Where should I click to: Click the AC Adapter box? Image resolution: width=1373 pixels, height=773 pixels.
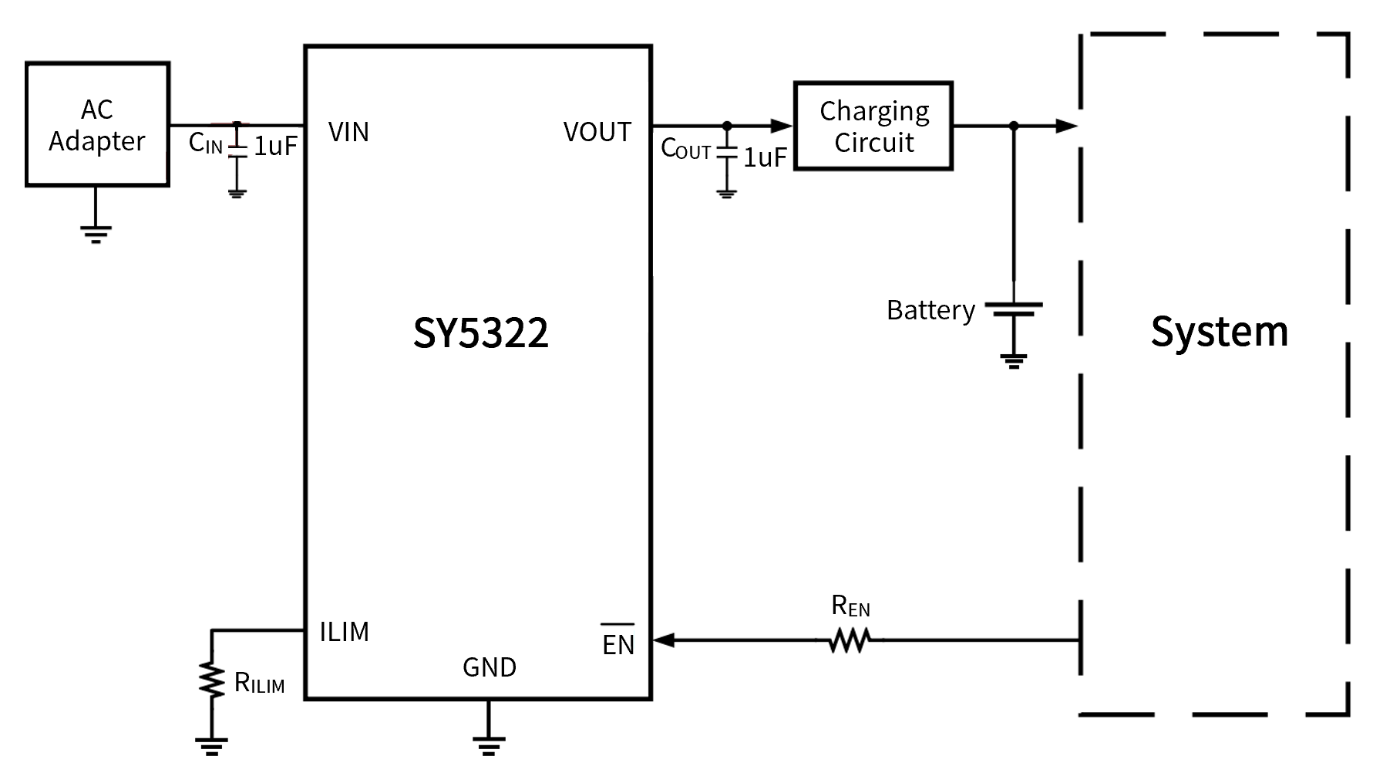click(x=97, y=124)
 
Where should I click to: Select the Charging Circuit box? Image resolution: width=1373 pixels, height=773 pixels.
click(x=873, y=126)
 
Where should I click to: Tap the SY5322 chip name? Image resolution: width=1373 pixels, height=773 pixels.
click(x=480, y=333)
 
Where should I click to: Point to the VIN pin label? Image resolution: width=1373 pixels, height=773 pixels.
click(x=348, y=132)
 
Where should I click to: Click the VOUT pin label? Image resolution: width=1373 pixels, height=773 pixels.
click(x=597, y=132)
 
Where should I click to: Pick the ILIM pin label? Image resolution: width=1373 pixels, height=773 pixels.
click(x=344, y=632)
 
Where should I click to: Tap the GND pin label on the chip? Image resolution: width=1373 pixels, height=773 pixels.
click(x=490, y=667)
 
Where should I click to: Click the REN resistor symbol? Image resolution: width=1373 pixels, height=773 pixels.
click(x=850, y=640)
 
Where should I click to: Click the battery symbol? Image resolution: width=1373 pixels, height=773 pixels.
click(x=1014, y=309)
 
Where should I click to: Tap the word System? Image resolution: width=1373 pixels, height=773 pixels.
click(x=1219, y=332)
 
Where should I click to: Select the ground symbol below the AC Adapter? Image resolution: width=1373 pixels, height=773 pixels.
click(x=96, y=234)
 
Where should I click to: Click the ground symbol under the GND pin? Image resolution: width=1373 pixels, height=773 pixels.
click(x=489, y=744)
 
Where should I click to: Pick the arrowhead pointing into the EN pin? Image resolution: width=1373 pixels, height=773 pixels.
click(x=664, y=640)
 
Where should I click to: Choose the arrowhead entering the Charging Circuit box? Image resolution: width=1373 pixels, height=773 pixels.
click(x=782, y=126)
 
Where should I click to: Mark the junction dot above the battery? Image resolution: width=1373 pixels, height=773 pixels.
click(x=1014, y=126)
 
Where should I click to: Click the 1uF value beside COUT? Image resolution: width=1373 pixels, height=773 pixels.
click(x=765, y=157)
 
